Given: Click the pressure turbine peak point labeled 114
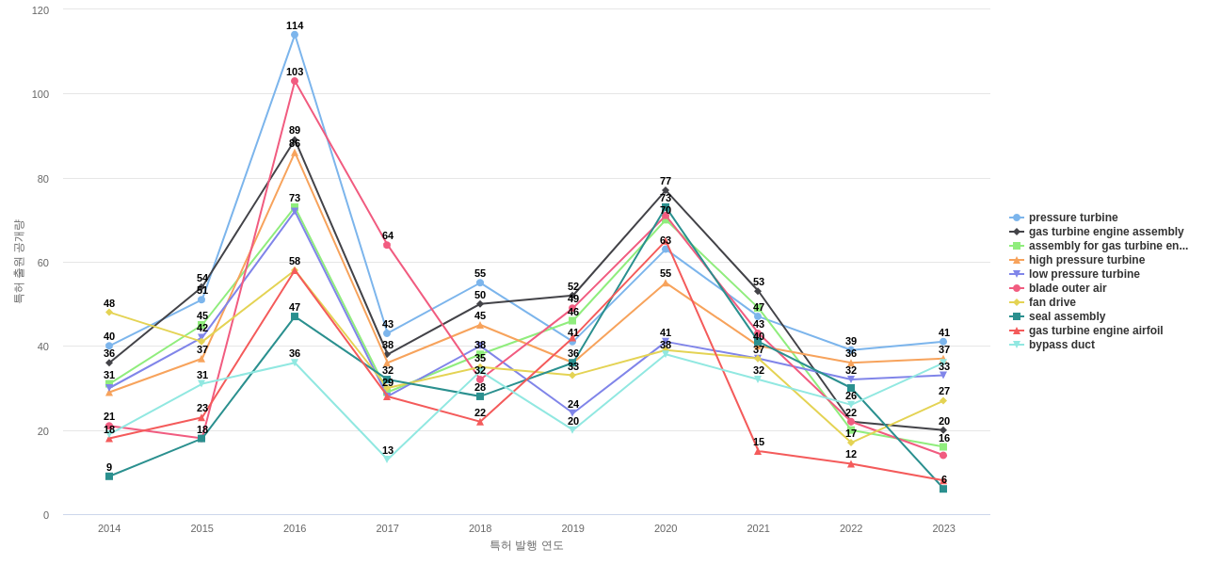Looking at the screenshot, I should tap(295, 35).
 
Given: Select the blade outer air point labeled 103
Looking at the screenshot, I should tap(295, 81).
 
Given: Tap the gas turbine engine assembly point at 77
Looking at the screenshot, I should tap(666, 190).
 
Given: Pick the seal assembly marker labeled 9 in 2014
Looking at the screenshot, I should tap(109, 476).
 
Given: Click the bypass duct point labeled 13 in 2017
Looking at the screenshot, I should tap(387, 460).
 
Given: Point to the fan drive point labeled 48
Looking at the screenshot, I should tap(109, 313).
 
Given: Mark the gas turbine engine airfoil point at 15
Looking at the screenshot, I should tap(758, 451).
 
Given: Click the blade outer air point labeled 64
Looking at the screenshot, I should tap(387, 245).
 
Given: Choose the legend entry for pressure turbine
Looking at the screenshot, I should tap(1073, 218).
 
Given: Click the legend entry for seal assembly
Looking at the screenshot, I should tap(1067, 316).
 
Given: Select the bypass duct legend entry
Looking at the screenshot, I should tap(1061, 345).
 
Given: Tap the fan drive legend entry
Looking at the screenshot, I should tap(1052, 302).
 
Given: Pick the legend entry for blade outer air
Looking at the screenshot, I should tap(1068, 288).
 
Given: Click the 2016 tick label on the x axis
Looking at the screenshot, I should tap(295, 528).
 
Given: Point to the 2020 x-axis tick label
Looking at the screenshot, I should tap(666, 528).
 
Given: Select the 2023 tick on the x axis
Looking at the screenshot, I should tap(943, 528).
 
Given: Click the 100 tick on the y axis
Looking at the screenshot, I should tap(40, 94).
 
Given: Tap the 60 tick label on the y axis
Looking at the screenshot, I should tap(43, 263).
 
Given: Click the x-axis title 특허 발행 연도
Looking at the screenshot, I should tap(526, 545).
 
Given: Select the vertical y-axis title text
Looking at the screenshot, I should tap(18, 262).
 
